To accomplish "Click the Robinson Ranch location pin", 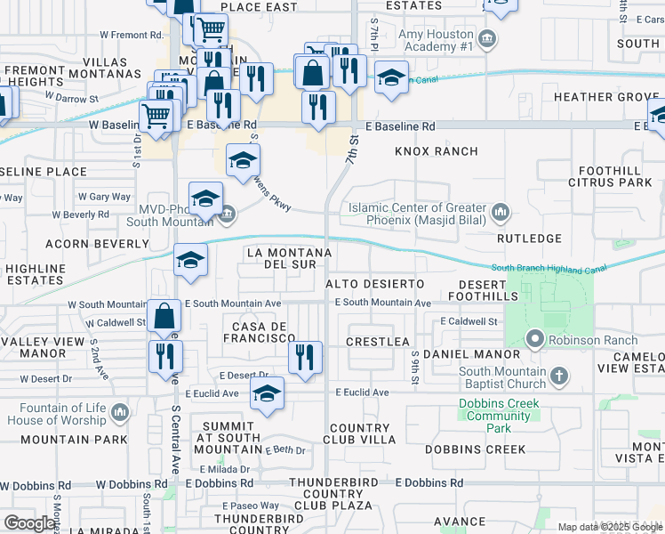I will pyautogui.click(x=535, y=339).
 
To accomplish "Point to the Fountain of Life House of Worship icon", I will pyautogui.click(x=120, y=413).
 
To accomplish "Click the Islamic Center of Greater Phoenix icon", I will pyautogui.click(x=501, y=213).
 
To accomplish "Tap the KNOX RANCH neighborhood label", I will pyautogui.click(x=437, y=151).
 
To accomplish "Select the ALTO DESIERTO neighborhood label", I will pyautogui.click(x=374, y=282).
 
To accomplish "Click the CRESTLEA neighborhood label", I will pyautogui.click(x=377, y=342).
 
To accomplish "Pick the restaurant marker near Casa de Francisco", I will pyautogui.click(x=304, y=358).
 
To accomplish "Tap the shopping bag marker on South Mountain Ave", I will pyautogui.click(x=164, y=317).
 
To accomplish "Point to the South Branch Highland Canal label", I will pyautogui.click(x=549, y=268).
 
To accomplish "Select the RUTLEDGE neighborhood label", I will pyautogui.click(x=529, y=239).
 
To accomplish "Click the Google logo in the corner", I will pyautogui.click(x=29, y=523).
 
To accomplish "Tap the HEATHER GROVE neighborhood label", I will pyautogui.click(x=605, y=97).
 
